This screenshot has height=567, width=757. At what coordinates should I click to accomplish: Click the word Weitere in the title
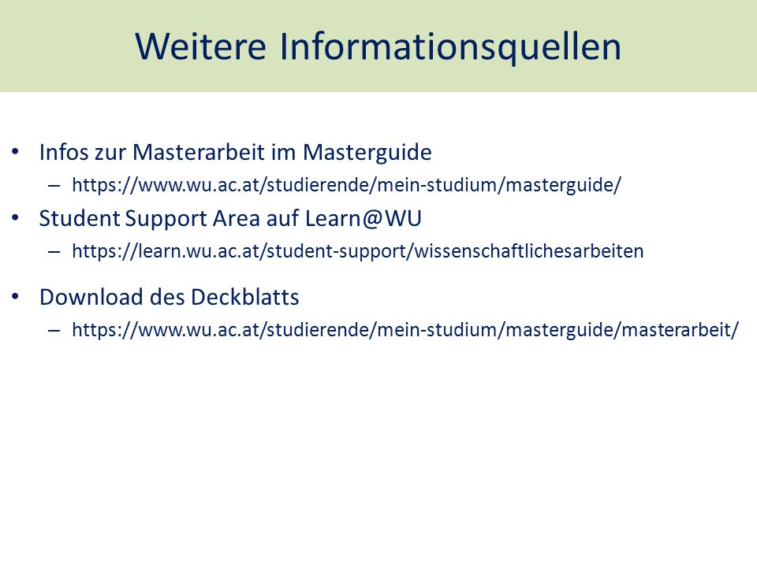pyautogui.click(x=201, y=46)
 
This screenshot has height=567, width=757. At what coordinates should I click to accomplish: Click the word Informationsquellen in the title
pyautogui.click(x=450, y=47)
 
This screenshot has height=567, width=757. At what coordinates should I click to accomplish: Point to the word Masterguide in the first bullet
pyautogui.click(x=367, y=153)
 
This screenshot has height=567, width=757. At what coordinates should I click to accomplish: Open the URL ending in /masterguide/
pyautogui.click(x=347, y=184)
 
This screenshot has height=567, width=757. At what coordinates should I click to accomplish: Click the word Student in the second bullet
pyautogui.click(x=79, y=218)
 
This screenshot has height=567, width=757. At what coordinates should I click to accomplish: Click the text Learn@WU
pyautogui.click(x=363, y=219)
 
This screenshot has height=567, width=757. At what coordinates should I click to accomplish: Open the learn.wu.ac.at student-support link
pyautogui.click(x=358, y=251)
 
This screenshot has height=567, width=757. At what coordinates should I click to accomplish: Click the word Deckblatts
pyautogui.click(x=244, y=297)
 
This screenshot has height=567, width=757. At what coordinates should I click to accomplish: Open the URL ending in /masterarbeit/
pyautogui.click(x=405, y=330)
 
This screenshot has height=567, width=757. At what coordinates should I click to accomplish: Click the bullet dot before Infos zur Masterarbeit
pyautogui.click(x=16, y=152)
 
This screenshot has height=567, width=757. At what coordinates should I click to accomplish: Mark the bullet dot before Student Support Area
pyautogui.click(x=16, y=218)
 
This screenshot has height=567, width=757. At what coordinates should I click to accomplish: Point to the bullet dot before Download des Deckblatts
pyautogui.click(x=16, y=297)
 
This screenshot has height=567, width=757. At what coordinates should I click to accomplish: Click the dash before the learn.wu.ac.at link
pyautogui.click(x=54, y=252)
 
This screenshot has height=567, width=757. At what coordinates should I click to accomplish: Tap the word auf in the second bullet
pyautogui.click(x=282, y=218)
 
